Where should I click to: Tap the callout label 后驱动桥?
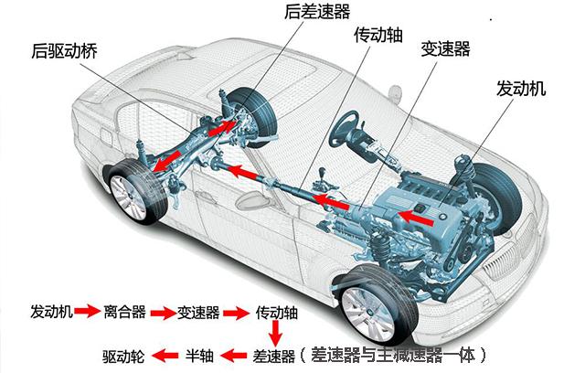pyautogui.click(x=63, y=52)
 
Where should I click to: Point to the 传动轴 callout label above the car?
pyautogui.click(x=377, y=36)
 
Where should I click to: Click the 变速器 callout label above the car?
pyautogui.click(x=445, y=47)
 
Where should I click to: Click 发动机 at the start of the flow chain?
pyautogui.click(x=51, y=312)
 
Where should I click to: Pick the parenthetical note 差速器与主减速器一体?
pyautogui.click(x=399, y=354)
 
